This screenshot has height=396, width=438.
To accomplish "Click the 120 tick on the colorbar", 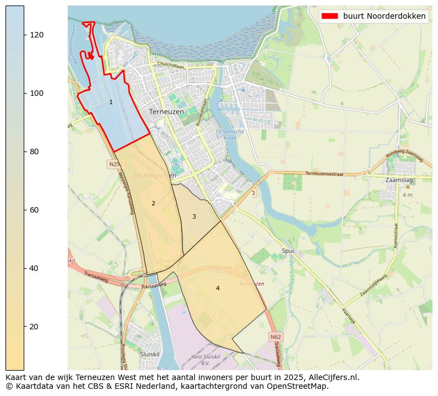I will click(x=24, y=35).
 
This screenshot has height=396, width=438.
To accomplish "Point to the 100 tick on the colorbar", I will click(x=24, y=93).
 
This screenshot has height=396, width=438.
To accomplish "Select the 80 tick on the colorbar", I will click(x=24, y=151).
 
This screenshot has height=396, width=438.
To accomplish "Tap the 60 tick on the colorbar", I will click(x=24, y=210).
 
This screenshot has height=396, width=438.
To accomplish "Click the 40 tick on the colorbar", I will click(x=24, y=268).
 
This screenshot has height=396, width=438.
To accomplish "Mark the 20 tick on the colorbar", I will click(x=24, y=327).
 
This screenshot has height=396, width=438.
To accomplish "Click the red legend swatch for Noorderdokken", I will click(x=329, y=17).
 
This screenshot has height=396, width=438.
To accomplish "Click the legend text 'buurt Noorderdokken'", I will click(x=384, y=17).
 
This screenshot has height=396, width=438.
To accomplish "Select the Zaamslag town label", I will click(x=399, y=180).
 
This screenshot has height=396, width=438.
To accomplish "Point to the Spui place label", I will click(x=288, y=251).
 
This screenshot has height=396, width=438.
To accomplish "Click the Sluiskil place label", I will click(x=149, y=354).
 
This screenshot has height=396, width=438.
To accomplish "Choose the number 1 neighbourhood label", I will click(x=111, y=102).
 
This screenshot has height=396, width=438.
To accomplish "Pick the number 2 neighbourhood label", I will click(x=153, y=203).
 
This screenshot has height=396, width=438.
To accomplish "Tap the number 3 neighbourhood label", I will click(x=194, y=216).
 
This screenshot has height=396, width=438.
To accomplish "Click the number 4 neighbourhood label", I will click(x=218, y=288).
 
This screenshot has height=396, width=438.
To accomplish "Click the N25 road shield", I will click(x=114, y=164).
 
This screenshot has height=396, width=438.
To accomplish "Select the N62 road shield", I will click(x=276, y=336).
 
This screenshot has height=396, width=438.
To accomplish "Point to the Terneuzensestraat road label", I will click(x=324, y=173).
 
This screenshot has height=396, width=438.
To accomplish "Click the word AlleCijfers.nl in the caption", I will click(x=332, y=377).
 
